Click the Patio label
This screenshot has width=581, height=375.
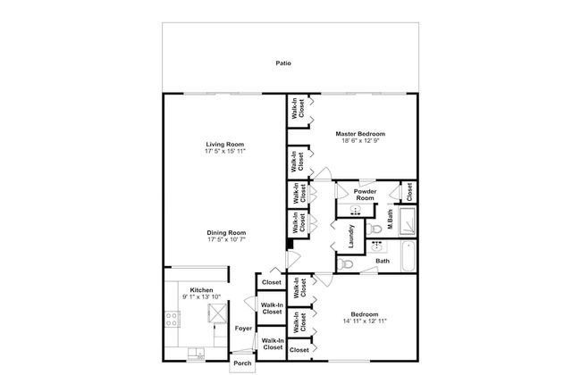(x=283, y=63)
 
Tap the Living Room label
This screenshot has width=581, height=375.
(x=225, y=145)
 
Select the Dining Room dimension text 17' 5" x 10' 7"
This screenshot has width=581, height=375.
(x=226, y=239)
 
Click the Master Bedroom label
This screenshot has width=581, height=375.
(x=360, y=134)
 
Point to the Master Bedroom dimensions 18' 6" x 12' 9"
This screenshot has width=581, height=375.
(x=360, y=141)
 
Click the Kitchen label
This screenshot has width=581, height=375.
(x=201, y=290)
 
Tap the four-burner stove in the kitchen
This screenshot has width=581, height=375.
(x=172, y=319)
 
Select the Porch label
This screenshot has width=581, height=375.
(x=242, y=363)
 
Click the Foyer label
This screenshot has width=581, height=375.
(x=243, y=329)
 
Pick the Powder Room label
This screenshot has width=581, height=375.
(x=365, y=195)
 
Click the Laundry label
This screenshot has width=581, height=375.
(x=351, y=237)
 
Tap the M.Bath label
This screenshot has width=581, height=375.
(x=390, y=220)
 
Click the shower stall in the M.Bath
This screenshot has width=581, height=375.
(x=407, y=221)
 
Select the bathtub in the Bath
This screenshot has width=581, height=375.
(x=408, y=255)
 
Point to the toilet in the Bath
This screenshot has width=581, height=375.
(x=345, y=264)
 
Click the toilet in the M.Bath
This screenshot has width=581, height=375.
(x=375, y=229)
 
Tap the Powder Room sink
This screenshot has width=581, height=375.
(x=356, y=211)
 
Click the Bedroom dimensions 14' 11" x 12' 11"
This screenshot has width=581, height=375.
(x=365, y=321)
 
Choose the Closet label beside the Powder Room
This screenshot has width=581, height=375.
(x=409, y=192)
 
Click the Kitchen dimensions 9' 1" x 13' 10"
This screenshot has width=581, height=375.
(x=201, y=297)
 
